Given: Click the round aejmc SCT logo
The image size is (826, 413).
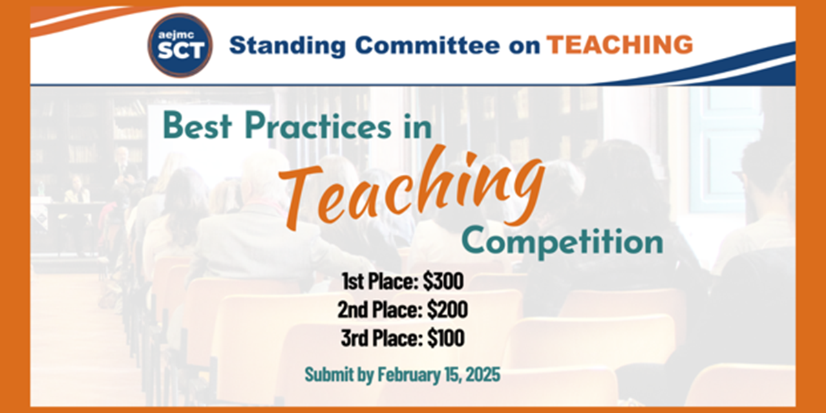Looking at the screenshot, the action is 180,45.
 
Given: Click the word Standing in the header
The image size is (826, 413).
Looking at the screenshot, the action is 287,45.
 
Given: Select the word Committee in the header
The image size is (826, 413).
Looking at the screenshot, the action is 427,45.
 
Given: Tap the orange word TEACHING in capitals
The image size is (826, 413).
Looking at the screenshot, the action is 620,45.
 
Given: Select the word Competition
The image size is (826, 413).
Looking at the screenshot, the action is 563,242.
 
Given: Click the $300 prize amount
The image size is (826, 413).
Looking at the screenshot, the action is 443,281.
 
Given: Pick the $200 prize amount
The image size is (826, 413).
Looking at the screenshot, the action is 447,309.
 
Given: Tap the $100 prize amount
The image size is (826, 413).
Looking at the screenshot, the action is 446,337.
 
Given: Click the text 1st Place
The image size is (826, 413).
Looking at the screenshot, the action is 380,281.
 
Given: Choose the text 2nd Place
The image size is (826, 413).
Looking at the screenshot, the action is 380,309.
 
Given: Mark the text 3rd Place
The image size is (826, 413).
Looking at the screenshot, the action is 381,337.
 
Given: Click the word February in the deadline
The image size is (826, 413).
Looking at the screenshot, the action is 410,374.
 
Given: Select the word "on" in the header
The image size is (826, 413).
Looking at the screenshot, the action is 525,47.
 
